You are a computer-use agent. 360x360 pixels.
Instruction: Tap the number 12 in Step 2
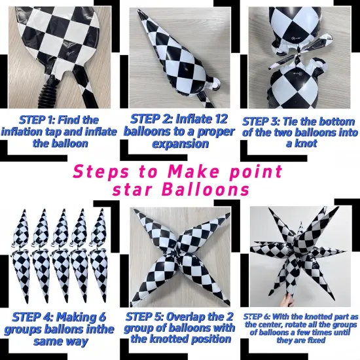[x=219, y=119]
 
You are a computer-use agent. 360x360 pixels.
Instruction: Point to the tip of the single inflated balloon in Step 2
[x=139, y=10]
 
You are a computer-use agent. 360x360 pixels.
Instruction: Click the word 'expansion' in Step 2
[x=181, y=144]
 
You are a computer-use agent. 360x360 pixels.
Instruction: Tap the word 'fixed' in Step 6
[x=318, y=340]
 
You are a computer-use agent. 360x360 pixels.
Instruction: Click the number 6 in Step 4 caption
[x=102, y=317]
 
